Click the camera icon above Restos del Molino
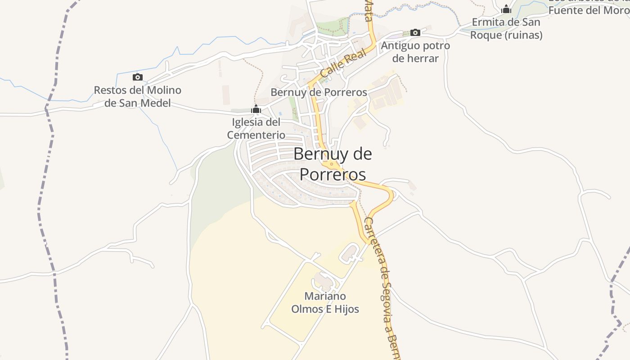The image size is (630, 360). click(x=138, y=77)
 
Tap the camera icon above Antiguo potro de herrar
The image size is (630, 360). click(x=415, y=32)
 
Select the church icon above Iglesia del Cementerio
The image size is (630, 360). click(x=256, y=109)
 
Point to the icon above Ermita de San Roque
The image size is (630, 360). click(x=506, y=9)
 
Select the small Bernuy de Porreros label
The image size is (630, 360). click(x=319, y=92)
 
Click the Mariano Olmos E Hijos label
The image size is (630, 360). click(x=325, y=302)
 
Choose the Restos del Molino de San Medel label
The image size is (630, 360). click(x=137, y=96)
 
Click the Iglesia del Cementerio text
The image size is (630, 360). click(x=256, y=128)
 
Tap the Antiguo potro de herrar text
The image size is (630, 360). click(x=415, y=52)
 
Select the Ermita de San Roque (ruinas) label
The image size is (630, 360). click(x=506, y=28)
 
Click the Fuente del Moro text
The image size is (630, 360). click(x=589, y=10)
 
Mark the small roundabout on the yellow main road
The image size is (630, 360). click(x=332, y=164)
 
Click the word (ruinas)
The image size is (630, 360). click(x=523, y=35)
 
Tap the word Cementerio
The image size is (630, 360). click(x=256, y=135)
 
